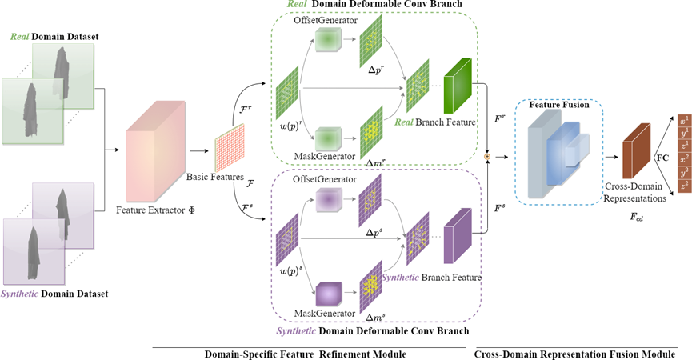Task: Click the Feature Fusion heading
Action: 558,105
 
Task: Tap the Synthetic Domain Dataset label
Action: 54,294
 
